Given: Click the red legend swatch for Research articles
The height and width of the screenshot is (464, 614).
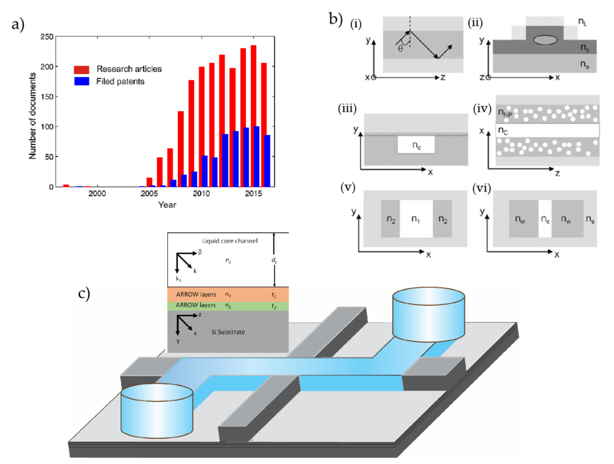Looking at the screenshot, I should pos(81,69).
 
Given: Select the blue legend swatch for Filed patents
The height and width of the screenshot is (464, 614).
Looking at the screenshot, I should pos(81,81).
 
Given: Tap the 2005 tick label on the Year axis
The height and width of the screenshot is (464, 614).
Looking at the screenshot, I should pos(149,194).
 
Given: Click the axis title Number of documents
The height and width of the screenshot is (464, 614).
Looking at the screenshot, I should pos(32,116).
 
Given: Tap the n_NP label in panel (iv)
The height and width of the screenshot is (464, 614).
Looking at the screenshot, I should pos(505,113).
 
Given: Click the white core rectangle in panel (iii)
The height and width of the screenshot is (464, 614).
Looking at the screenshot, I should pos(416,145).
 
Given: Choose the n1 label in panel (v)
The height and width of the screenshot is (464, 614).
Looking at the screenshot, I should pos(415,219).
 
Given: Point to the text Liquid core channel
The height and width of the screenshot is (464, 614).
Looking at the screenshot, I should pos(229,241).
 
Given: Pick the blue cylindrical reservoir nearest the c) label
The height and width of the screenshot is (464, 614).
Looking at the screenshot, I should pos(157,410).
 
